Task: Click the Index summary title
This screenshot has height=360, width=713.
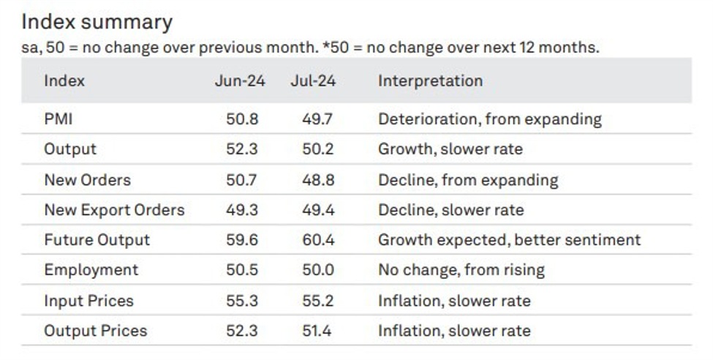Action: click(x=97, y=22)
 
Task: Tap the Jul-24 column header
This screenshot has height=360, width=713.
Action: click(x=313, y=80)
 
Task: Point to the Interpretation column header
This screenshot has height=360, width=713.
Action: click(x=430, y=80)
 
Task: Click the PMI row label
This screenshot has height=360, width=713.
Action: click(x=58, y=119)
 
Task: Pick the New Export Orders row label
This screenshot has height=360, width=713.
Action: click(x=114, y=210)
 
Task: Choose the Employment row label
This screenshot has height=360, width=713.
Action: click(x=91, y=270)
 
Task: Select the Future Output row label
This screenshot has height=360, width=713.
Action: click(x=97, y=240)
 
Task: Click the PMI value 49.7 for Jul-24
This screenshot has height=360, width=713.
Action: click(x=317, y=119)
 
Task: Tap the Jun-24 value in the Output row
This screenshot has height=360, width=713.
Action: click(x=242, y=149)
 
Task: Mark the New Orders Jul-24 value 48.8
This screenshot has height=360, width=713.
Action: click(x=317, y=180)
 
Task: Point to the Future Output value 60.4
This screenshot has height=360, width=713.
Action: click(x=317, y=240)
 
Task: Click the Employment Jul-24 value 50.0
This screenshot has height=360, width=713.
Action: click(x=317, y=270)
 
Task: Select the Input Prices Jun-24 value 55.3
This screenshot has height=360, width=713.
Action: click(x=242, y=301)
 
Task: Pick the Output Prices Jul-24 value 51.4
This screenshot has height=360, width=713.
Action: click(x=317, y=331)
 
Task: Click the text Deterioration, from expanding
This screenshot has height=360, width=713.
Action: click(x=489, y=119)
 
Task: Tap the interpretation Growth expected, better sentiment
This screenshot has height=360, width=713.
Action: click(x=509, y=240)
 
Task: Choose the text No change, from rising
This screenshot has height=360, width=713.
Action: click(x=461, y=270)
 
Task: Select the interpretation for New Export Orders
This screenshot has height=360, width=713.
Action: click(x=450, y=210)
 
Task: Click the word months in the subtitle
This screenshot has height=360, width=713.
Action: click(x=570, y=48)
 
